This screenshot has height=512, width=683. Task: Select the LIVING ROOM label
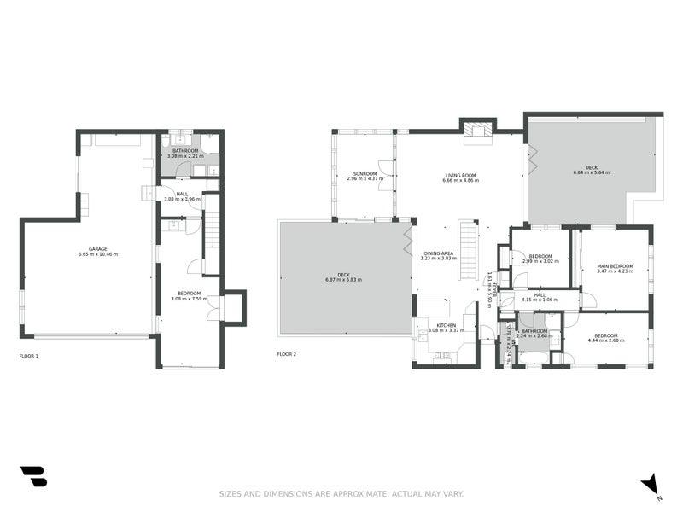459,176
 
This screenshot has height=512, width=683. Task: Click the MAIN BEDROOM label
615,266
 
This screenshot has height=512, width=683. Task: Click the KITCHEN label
447,325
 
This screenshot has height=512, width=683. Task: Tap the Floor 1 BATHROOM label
184,151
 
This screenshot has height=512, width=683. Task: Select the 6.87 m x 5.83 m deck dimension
343,280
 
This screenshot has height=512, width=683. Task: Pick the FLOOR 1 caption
29,354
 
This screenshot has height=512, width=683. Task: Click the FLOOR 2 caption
286,354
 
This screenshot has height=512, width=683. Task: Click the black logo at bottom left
33,476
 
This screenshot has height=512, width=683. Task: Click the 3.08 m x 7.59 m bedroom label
189,295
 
